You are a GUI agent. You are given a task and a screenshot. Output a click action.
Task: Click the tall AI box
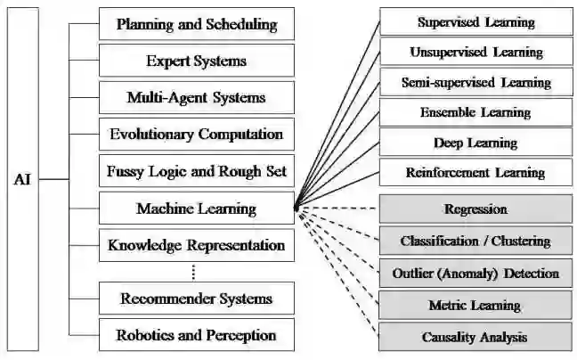pos(22,179)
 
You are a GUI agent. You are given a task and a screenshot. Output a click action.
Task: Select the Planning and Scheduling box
pos(196,24)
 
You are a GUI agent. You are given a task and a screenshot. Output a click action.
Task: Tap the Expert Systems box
pos(196,61)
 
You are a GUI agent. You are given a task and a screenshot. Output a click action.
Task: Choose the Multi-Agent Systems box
pos(196,97)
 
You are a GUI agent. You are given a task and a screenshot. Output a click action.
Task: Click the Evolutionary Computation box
pos(196,135)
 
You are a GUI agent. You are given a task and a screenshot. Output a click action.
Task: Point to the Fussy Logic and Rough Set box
pos(196,171)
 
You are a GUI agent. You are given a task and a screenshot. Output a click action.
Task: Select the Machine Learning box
pos(196,209)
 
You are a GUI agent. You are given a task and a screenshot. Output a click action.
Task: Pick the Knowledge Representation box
pos(196,245)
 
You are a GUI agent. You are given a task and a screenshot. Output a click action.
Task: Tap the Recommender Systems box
pos(196,298)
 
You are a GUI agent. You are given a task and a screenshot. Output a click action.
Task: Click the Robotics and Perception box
pos(196,335)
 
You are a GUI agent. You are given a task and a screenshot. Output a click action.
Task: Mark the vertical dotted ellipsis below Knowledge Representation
pos(193,272)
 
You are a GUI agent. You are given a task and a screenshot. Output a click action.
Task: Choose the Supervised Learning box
pos(475,21)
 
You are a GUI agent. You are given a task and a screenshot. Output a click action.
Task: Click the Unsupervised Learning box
pos(475,52)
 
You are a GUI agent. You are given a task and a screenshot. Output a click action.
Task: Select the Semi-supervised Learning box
pos(475,82)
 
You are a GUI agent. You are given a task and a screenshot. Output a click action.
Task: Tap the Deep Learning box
pos(475,142)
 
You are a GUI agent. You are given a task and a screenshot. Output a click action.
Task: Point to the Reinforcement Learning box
pos(475,172)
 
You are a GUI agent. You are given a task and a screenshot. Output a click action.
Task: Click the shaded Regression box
pos(475,209)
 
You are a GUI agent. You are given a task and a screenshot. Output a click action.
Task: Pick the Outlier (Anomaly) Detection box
pos(475,273)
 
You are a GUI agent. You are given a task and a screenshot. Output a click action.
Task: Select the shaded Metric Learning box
pos(475,305)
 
